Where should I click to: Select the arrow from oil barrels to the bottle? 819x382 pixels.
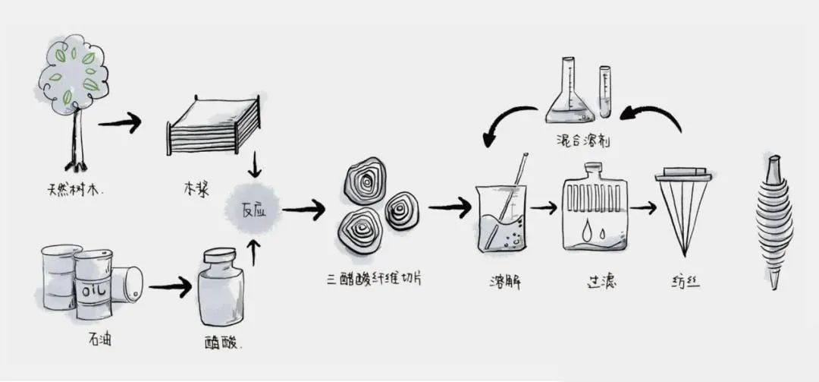pyautogui.click(x=170, y=287)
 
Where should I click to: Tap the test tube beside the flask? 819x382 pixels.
pyautogui.click(x=605, y=91)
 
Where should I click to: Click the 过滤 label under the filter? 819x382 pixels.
pyautogui.click(x=598, y=282)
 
